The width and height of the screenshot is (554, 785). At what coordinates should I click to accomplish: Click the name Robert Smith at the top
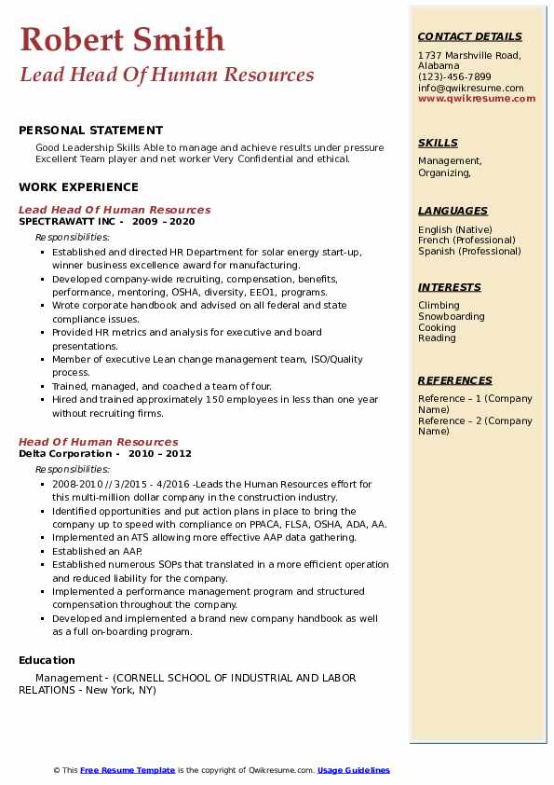pyautogui.click(x=122, y=39)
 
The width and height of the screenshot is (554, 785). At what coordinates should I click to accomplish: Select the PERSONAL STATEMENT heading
pyautogui.click(x=90, y=131)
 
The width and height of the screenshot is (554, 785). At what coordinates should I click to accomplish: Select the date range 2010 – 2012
pyautogui.click(x=160, y=453)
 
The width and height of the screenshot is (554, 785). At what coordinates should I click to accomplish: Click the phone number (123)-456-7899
pyautogui.click(x=454, y=77)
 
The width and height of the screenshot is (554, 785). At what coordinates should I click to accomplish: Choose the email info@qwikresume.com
pyautogui.click(x=470, y=88)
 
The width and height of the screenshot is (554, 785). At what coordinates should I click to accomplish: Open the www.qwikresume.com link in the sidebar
pyautogui.click(x=470, y=98)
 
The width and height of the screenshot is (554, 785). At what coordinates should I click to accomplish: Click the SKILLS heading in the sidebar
pyautogui.click(x=438, y=143)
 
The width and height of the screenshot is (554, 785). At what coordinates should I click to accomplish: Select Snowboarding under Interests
pyautogui.click(x=451, y=317)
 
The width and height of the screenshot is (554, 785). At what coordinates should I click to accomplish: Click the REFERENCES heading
pyautogui.click(x=455, y=380)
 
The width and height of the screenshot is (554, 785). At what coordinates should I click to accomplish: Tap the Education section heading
pyautogui.click(x=47, y=660)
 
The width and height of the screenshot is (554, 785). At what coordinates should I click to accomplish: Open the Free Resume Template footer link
pyautogui.click(x=128, y=770)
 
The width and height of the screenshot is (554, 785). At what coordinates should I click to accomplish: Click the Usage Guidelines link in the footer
pyautogui.click(x=353, y=770)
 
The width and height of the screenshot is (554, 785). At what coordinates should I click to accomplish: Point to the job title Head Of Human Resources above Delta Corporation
pyautogui.click(x=98, y=442)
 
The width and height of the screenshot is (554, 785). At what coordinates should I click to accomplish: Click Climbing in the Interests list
pyautogui.click(x=439, y=306)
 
